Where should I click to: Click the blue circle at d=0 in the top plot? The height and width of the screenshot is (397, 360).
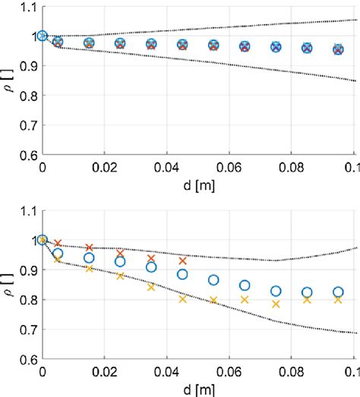[43, 36]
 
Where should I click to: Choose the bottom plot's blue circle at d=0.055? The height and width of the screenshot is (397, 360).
[213, 280]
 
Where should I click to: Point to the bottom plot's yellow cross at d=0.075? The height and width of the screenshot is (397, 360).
[276, 304]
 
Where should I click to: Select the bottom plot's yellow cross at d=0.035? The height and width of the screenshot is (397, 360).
[151, 287]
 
